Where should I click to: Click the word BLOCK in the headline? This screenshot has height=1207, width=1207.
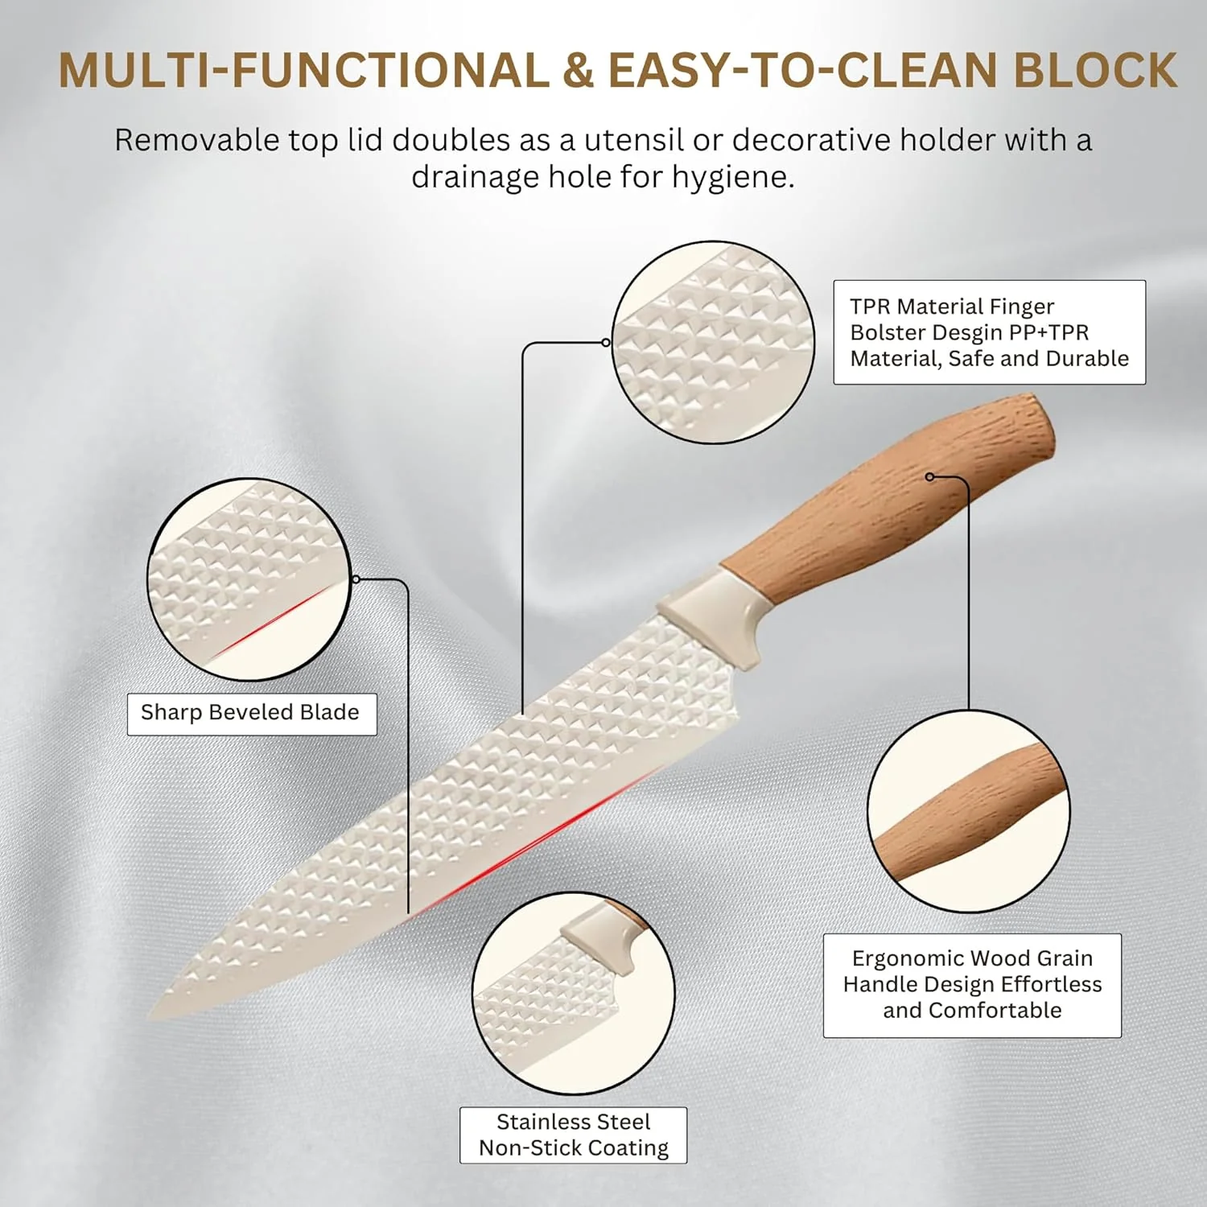1095,70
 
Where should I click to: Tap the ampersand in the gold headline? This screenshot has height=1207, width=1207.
578,70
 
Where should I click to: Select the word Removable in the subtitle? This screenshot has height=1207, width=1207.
196,140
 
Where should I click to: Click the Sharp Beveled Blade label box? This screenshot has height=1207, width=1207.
252,714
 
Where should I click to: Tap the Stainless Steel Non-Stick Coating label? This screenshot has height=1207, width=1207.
574,1135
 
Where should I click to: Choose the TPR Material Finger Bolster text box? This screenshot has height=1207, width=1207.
989,332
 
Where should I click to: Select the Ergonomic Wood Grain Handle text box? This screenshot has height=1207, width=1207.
972,985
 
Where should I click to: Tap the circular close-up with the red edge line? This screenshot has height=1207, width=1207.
249,579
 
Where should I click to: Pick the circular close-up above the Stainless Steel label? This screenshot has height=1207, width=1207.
573,993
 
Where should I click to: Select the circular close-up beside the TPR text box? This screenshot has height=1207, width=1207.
713,342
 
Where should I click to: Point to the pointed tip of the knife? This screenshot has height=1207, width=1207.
150,1018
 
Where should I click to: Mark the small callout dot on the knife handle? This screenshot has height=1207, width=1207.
930,477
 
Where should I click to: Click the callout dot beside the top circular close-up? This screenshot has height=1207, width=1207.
606,343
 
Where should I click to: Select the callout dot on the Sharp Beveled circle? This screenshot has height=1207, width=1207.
356,579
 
